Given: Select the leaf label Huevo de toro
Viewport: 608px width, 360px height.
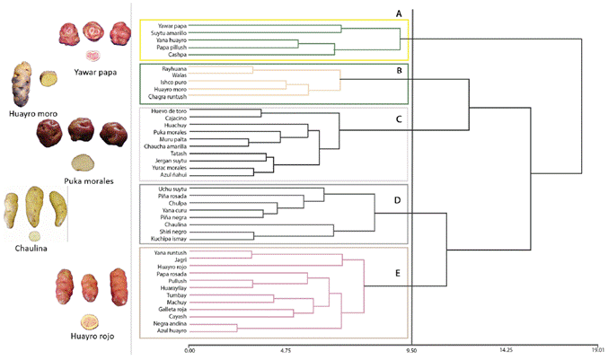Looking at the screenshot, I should coord(159,112).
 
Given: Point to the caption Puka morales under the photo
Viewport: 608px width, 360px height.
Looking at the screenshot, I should coord(88,181).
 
